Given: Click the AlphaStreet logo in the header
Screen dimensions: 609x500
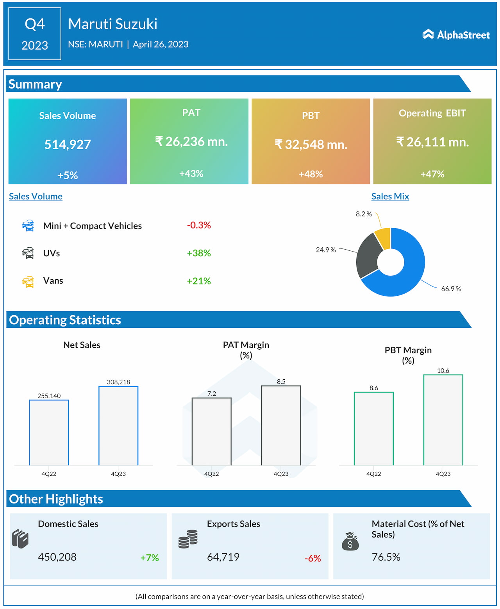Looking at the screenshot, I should click(456, 35).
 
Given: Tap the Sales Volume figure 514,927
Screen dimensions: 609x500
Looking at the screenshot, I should click(68, 145).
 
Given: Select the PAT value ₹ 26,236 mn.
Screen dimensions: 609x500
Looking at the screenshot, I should click(191, 141).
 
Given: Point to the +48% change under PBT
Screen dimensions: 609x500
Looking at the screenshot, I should click(311, 174).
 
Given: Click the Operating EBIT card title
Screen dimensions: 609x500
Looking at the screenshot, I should click(432, 113).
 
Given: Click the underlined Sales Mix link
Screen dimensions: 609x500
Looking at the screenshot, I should click(390, 196).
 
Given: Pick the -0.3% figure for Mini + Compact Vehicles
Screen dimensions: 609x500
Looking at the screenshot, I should click(199, 225).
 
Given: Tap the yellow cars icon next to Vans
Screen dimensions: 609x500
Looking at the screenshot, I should click(28, 281).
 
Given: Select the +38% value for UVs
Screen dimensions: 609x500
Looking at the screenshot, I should click(199, 253).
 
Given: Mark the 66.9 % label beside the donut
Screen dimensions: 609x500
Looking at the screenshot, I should click(451, 289).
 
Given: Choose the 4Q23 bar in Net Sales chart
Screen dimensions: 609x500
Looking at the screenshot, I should click(118, 425).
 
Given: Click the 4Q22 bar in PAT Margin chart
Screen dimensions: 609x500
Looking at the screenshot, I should click(211, 431).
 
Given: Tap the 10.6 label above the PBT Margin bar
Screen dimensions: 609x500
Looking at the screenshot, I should click(443, 371).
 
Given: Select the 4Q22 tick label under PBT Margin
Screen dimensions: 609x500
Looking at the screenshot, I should click(373, 474).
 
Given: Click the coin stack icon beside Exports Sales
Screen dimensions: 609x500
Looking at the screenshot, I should click(188, 539).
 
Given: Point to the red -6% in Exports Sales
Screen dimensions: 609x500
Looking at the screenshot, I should click(312, 559).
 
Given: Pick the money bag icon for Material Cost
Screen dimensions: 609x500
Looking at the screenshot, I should click(350, 541).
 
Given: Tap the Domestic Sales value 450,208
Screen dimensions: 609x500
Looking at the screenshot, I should click(57, 557).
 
